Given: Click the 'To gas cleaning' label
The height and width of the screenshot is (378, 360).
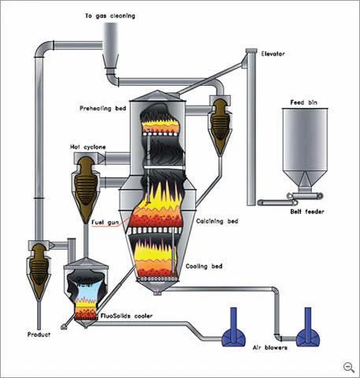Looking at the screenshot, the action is [x=110, y=16].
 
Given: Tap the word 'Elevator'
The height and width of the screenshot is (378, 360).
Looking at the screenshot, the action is [x=273, y=54].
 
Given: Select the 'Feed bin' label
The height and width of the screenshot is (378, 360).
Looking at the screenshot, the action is [x=304, y=102].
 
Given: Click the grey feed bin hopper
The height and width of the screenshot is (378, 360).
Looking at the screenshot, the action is [x=305, y=147].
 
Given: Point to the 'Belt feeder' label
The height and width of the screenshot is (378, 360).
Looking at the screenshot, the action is [x=307, y=211].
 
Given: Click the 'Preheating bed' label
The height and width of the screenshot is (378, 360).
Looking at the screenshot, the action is [x=103, y=109].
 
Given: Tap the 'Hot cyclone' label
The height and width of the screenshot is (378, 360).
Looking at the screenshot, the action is [x=88, y=147].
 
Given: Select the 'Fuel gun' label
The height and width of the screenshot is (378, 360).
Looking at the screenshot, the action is [x=105, y=223].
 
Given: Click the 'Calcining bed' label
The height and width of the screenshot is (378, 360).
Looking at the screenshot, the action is [x=217, y=221].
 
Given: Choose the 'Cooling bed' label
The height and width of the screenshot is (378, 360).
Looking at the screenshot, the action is [x=204, y=266].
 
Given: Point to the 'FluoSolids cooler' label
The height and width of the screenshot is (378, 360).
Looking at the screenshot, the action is [x=127, y=316].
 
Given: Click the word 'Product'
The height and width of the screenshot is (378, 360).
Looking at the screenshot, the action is [x=39, y=335].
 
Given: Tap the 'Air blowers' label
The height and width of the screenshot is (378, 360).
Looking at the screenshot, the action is [x=270, y=347].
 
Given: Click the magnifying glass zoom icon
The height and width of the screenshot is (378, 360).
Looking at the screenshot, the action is [x=349, y=367].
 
